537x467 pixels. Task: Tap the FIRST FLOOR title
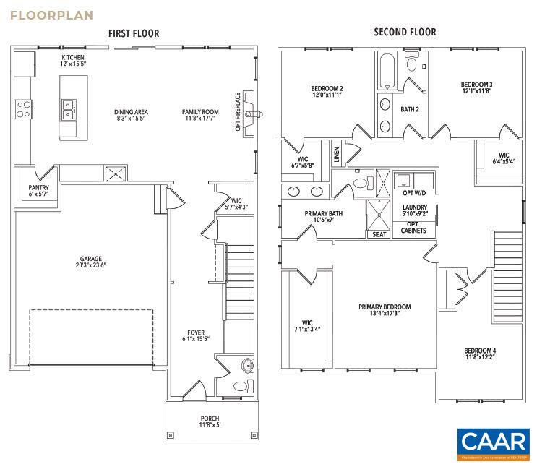(x=134, y=33)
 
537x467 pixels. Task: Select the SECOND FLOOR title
(x=405, y=32)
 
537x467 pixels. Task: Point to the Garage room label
(x=91, y=262)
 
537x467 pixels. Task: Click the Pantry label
(x=38, y=192)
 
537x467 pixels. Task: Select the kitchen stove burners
(x=23, y=108)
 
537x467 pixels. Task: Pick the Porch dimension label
(x=210, y=422)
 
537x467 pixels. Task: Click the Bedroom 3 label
(x=476, y=89)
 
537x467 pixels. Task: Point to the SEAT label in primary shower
(x=379, y=234)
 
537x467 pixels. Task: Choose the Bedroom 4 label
(x=480, y=354)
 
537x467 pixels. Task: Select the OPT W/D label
(x=413, y=193)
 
